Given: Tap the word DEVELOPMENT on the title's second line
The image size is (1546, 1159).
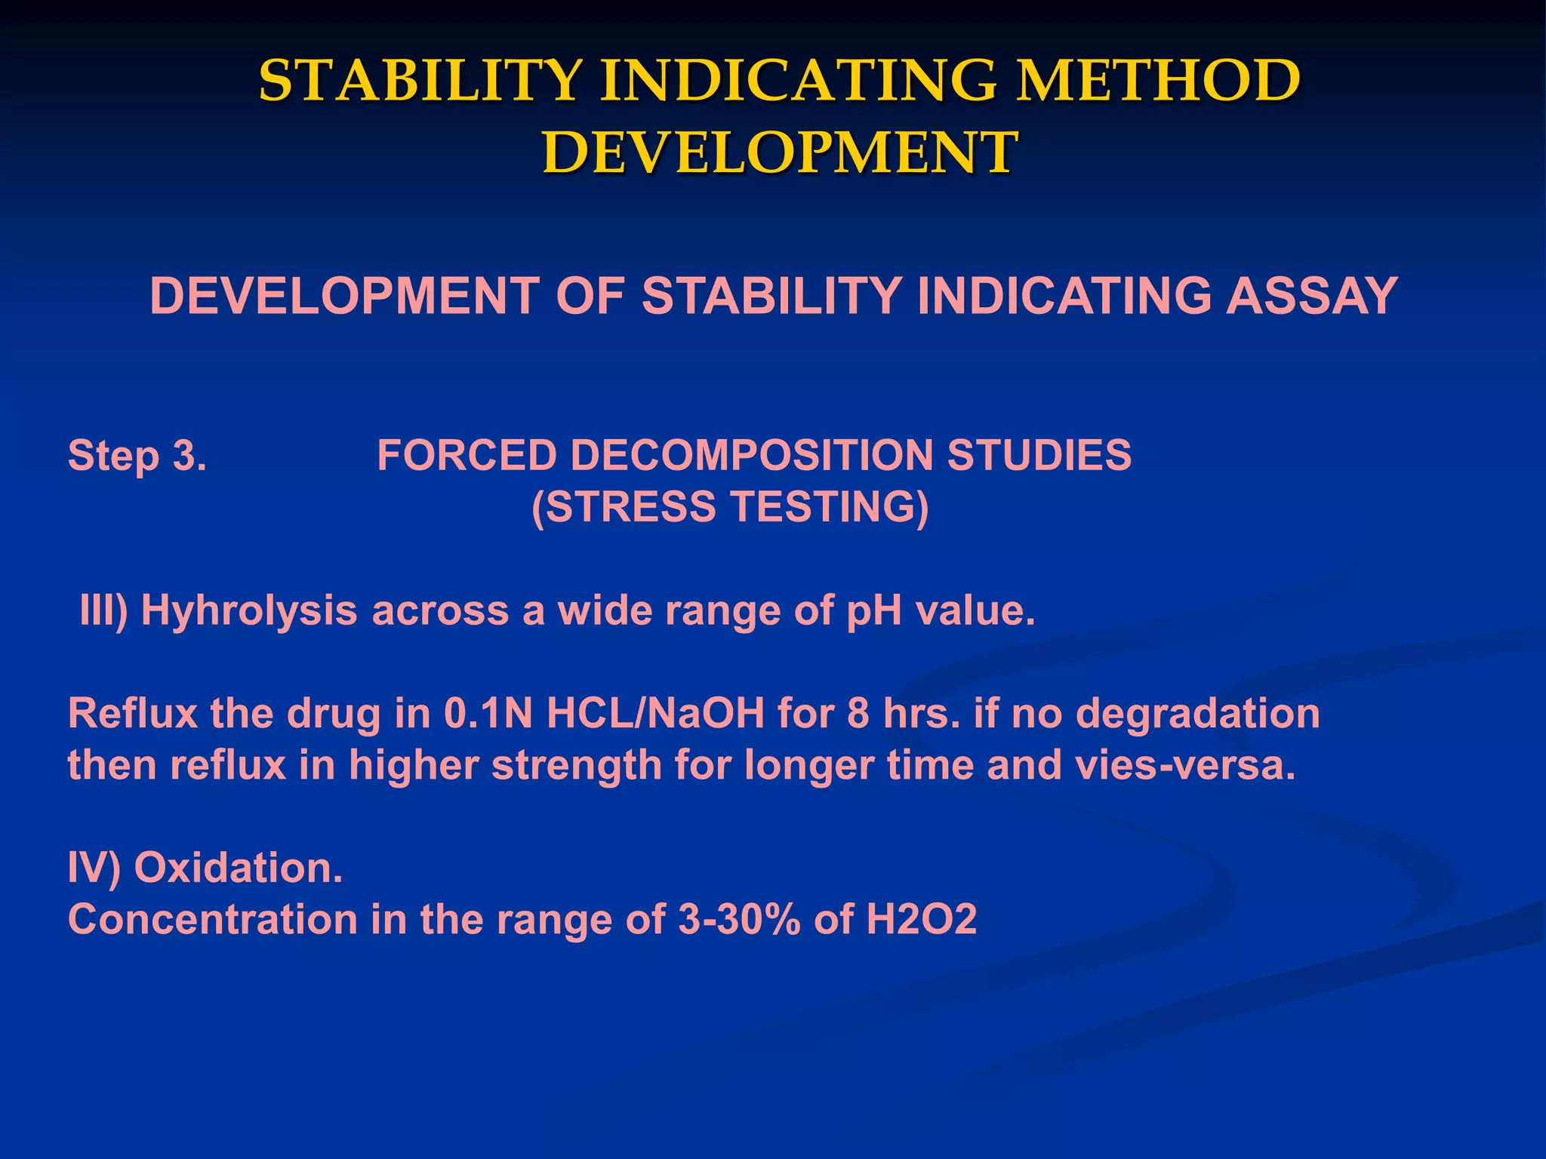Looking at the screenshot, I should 780,152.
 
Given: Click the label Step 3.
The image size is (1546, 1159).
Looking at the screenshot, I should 137,456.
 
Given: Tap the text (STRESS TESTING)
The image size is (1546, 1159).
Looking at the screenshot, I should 730,506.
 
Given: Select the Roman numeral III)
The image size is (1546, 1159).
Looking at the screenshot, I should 103,610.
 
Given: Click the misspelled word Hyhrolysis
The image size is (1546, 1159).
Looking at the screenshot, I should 249,610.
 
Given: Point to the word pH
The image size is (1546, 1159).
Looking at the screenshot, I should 873,610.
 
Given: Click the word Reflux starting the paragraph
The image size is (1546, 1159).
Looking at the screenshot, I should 132,713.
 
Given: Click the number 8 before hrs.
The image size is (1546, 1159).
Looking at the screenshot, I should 858,713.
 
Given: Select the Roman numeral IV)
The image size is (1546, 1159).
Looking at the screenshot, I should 94,868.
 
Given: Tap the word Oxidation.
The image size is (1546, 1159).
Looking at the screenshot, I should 239,868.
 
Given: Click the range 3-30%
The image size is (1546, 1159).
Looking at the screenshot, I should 739,919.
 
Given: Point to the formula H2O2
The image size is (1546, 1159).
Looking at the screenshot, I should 921,919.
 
